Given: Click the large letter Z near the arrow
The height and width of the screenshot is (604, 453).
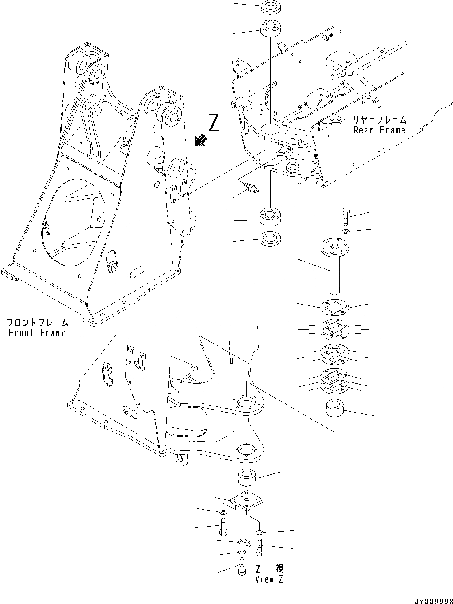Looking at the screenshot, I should [214, 123].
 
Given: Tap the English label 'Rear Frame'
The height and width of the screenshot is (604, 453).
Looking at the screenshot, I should [379, 130].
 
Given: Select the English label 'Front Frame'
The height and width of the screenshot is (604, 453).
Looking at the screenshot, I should [37, 333].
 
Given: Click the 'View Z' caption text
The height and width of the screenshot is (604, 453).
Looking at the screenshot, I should [269, 579].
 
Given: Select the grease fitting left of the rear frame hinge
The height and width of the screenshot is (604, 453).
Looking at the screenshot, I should [250, 188].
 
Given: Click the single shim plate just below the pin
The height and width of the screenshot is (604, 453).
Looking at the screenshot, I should [334, 306].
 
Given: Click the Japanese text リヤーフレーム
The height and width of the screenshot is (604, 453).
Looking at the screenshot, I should [379, 120].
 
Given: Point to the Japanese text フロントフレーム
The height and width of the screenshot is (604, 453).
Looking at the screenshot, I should [37, 323].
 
